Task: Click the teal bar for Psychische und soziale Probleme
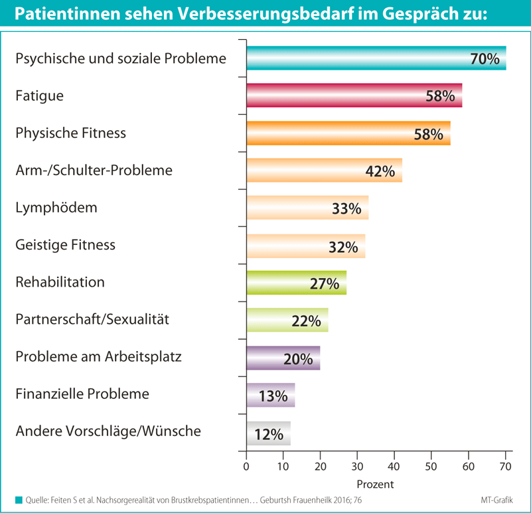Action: [358, 58]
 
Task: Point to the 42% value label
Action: [380, 171]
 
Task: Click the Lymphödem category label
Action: [56, 208]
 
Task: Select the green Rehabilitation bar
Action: [279, 283]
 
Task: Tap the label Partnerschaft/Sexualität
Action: [92, 320]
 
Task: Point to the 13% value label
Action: [273, 396]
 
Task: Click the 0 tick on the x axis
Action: [246, 466]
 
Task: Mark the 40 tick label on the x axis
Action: [394, 466]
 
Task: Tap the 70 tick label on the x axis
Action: [505, 466]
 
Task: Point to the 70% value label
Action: [485, 58]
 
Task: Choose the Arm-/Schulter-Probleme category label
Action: [94, 171]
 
